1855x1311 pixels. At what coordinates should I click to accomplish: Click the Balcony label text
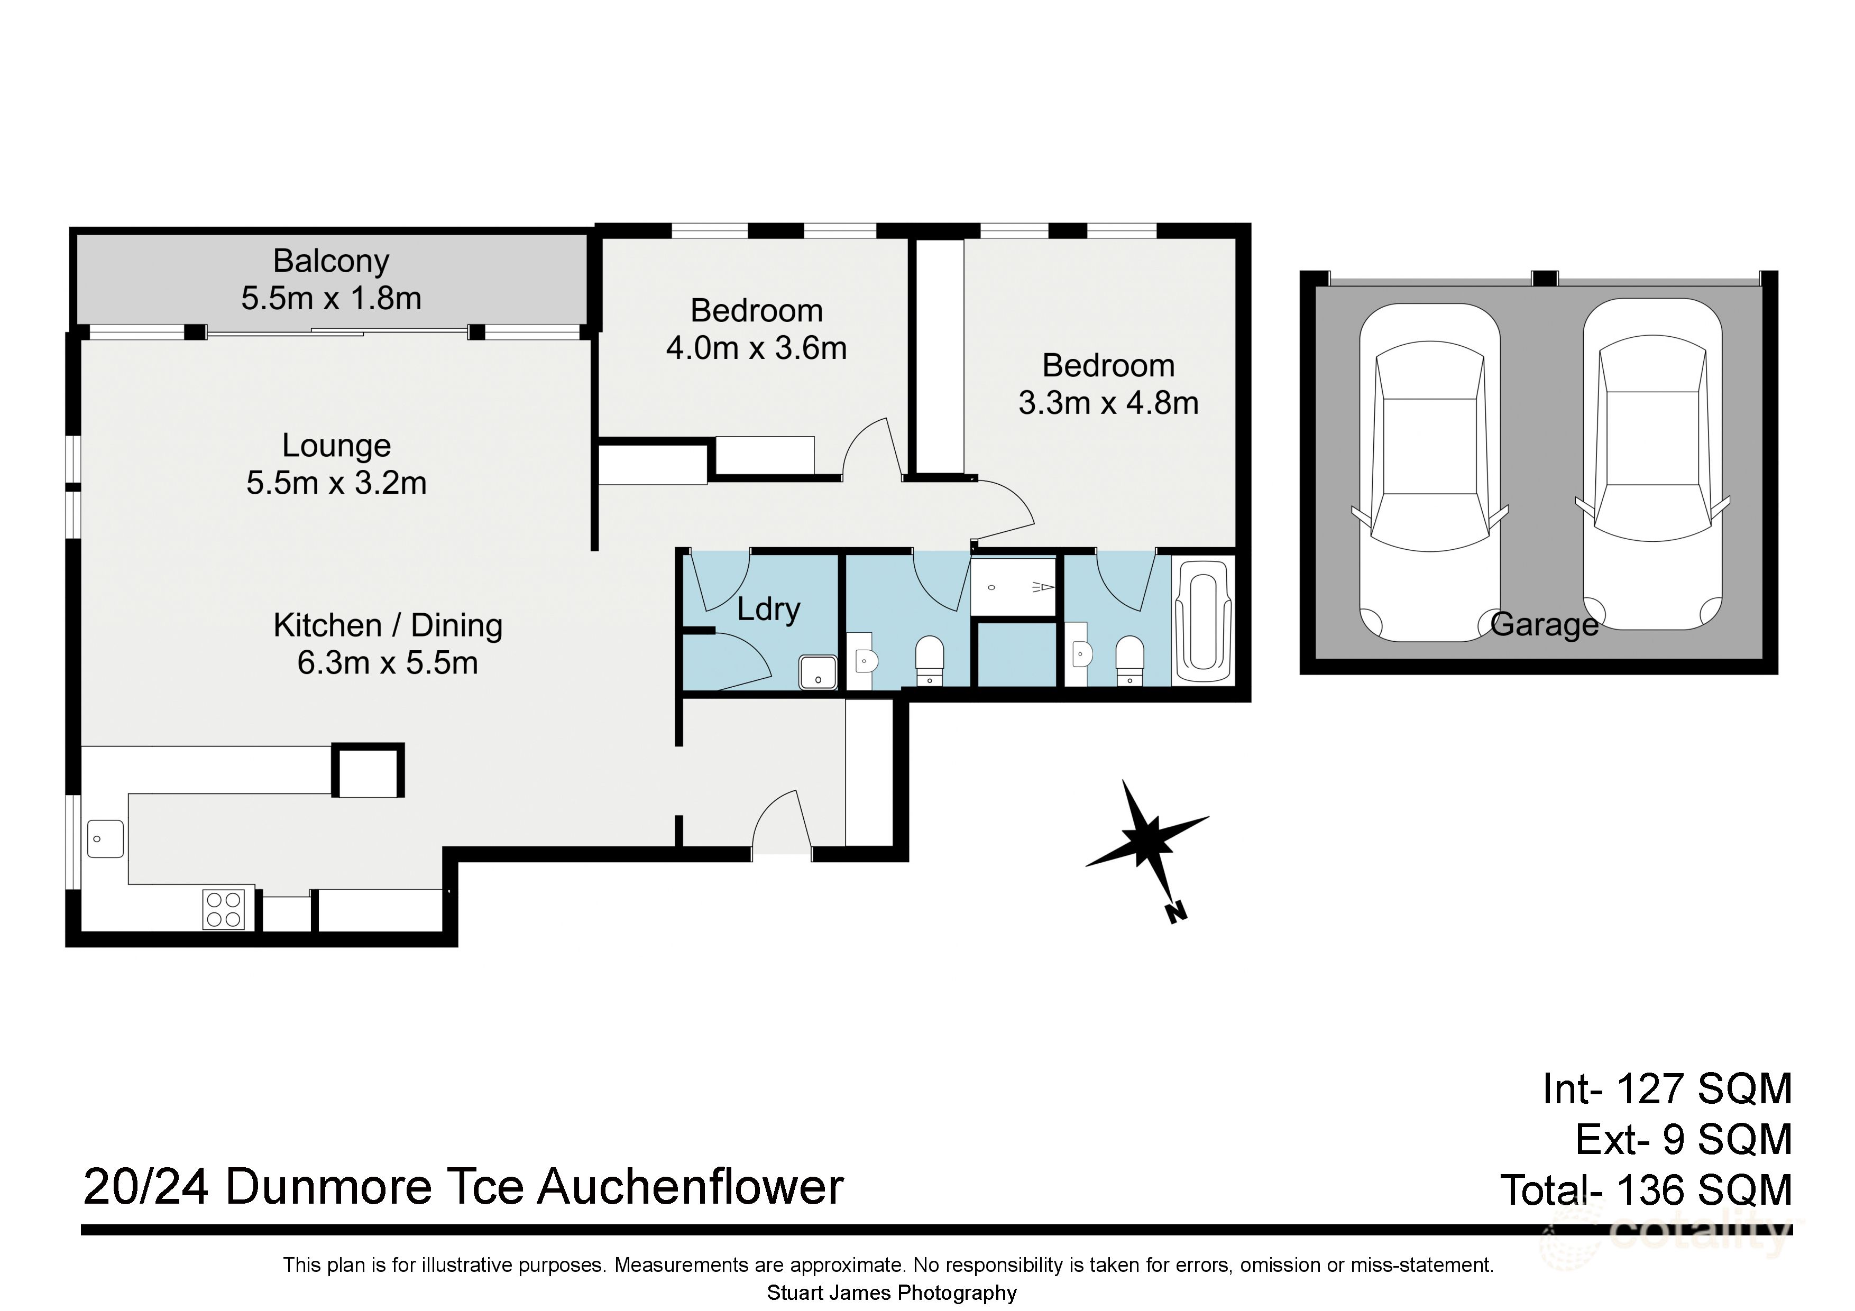tap(330, 261)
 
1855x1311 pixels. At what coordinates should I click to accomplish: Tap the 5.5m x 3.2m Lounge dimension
tap(336, 483)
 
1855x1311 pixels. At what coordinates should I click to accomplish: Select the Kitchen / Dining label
tap(388, 625)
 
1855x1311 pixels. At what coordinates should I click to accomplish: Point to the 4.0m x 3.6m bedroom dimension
tap(756, 348)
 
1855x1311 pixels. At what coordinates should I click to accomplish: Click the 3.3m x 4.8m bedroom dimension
tap(1108, 402)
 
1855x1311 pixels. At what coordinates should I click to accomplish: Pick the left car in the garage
tap(1429, 473)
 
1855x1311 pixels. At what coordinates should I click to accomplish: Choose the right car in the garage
tap(1652, 465)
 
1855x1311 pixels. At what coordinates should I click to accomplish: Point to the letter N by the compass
tap(1176, 913)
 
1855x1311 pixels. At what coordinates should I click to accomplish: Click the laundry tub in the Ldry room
tap(818, 672)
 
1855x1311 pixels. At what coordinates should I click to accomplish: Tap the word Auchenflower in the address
tap(691, 1187)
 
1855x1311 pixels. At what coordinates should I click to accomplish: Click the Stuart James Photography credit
tap(891, 1293)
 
